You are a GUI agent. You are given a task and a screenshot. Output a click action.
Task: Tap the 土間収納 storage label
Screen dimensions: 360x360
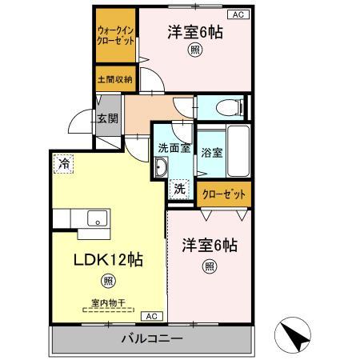[x=115, y=80]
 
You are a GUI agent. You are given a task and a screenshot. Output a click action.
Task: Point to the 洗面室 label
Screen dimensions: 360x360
[x=173, y=147]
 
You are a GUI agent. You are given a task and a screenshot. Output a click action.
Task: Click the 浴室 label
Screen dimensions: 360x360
[x=211, y=152]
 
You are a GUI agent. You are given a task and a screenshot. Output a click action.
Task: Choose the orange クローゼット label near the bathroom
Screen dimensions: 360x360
[x=224, y=194]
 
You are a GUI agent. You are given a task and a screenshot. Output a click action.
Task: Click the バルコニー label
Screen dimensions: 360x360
[x=152, y=338]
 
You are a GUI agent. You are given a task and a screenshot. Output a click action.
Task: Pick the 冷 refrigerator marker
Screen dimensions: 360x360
[x=62, y=162]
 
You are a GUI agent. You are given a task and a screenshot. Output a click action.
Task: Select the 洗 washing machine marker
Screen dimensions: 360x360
[x=180, y=189]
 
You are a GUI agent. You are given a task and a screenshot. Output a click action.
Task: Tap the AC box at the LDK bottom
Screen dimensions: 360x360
[x=154, y=315]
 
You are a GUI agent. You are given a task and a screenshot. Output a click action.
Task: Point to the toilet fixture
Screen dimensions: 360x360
[x=230, y=106]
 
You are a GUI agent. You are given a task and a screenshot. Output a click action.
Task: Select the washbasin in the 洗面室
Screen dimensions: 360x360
[x=160, y=167]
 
